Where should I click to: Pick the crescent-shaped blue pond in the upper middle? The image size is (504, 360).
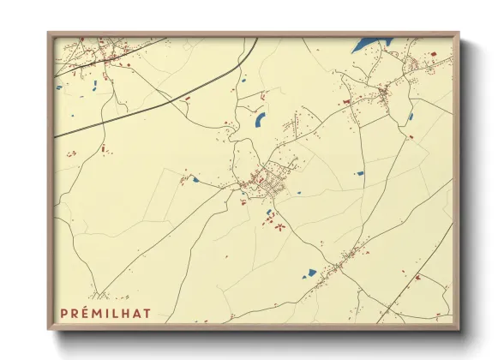coord(261,119)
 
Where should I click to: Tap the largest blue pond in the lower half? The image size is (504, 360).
coord(309,274)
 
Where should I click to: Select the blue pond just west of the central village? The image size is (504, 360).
coord(195,180)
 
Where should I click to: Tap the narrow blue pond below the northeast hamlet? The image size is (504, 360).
coord(411,117)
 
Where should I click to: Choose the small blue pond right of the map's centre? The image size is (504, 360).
coord(359,174)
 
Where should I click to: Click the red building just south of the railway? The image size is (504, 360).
coord(188,99)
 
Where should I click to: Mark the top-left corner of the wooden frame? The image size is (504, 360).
coord(50,34)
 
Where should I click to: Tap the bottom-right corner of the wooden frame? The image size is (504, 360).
coord(458,328)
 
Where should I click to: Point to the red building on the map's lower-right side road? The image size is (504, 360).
coord(417,278)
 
